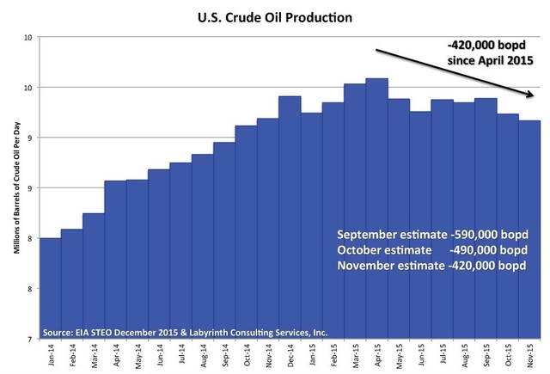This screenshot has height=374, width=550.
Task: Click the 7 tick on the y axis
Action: pyautogui.click(x=29, y=340)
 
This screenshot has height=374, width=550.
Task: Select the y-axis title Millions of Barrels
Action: pyautogui.click(x=15, y=188)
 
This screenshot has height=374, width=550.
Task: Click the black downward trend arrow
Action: pyautogui.click(x=455, y=72)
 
